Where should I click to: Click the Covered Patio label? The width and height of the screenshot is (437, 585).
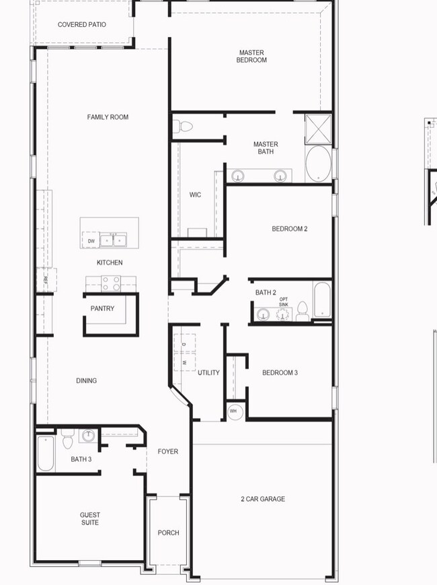(81, 25)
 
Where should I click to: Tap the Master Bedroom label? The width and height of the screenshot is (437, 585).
(251, 57)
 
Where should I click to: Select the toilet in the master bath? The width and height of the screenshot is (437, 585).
(183, 127)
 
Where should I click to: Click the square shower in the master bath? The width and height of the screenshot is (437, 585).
(319, 129)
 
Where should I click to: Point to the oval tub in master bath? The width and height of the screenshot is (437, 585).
(319, 164)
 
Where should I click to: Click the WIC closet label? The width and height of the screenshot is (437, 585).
(195, 195)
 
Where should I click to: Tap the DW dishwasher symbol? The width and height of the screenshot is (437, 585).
(91, 241)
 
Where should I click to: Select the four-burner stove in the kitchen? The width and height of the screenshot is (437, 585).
(111, 283)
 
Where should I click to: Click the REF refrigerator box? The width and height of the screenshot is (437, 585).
(46, 279)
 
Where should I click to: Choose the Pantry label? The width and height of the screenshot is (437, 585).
(102, 308)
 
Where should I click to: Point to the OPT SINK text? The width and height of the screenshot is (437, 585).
(284, 302)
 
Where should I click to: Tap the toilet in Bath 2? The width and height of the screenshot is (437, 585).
(303, 312)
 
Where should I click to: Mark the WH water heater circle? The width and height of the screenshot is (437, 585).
(235, 412)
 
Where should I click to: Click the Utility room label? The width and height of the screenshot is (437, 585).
(208, 373)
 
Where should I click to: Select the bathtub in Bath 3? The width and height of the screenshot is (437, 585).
(46, 453)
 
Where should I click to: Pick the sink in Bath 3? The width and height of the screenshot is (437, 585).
(88, 436)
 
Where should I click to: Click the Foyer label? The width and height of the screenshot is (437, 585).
(167, 452)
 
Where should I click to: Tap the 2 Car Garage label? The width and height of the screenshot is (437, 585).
(263, 499)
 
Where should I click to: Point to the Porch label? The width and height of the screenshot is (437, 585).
(168, 532)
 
